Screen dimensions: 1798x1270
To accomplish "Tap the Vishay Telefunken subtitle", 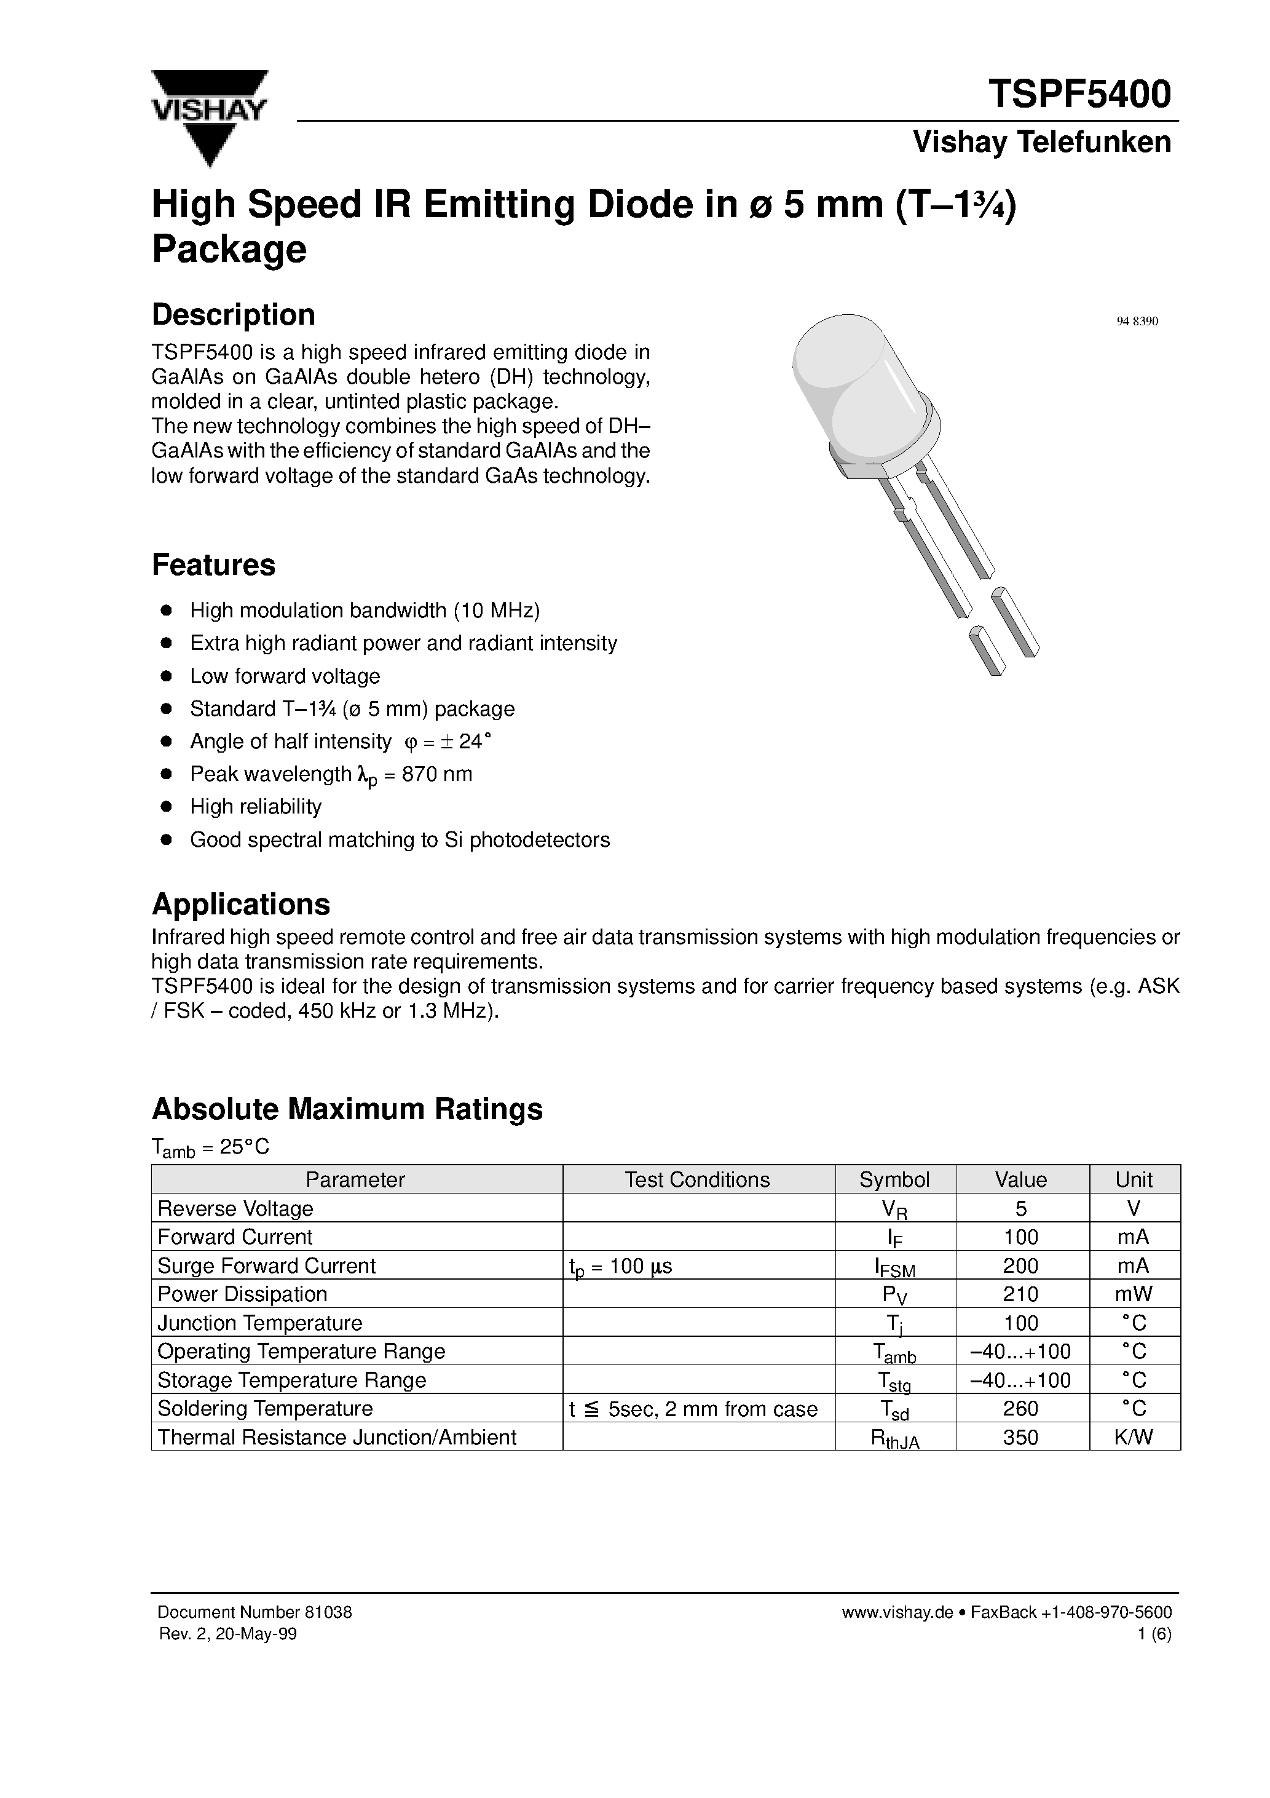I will [x=1041, y=142].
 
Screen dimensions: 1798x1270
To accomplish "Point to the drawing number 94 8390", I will [x=1136, y=322].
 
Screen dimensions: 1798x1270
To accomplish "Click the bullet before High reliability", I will [x=165, y=807].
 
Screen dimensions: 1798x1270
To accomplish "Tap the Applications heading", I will [x=240, y=905].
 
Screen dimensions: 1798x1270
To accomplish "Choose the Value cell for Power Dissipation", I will [x=1020, y=1294].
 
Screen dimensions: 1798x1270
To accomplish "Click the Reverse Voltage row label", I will [x=235, y=1208].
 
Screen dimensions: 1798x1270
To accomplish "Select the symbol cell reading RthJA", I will [x=894, y=1438].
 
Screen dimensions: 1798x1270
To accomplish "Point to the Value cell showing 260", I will [x=1020, y=1409].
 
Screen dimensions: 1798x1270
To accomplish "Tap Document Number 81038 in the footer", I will [x=254, y=1612].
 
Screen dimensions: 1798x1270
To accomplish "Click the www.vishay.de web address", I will [x=896, y=1612].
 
